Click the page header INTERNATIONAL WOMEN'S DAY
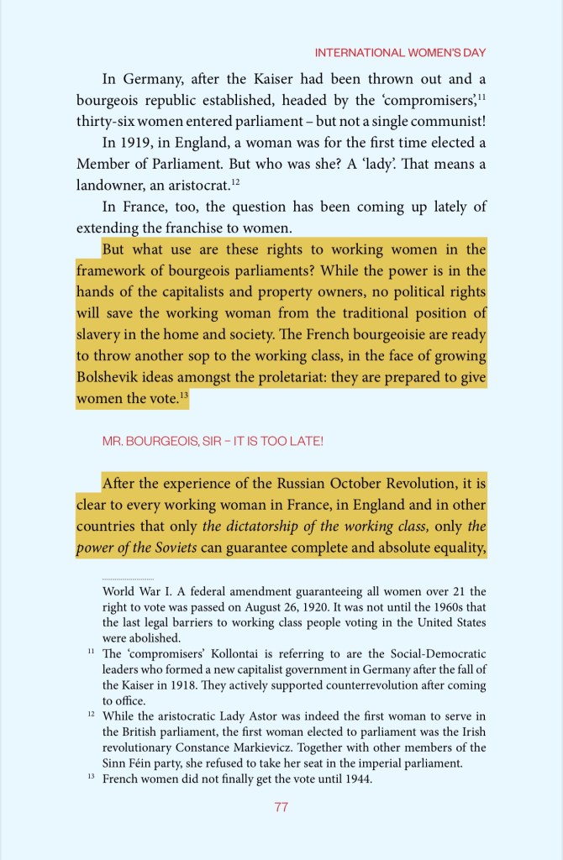pyautogui.click(x=400, y=52)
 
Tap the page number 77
pyautogui.click(x=281, y=807)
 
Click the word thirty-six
pyautogui.click(x=107, y=121)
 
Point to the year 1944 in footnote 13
pyautogui.click(x=357, y=779)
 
